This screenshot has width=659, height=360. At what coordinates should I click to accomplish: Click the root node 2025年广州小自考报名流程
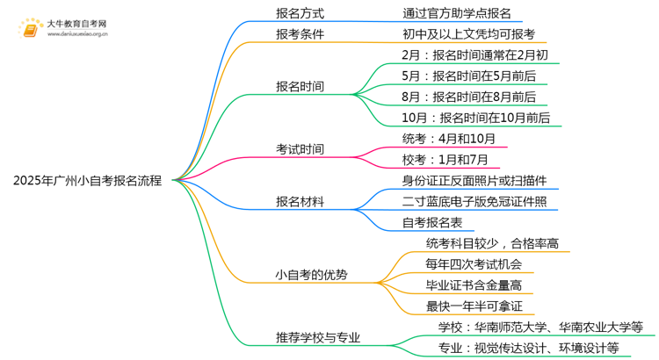[x=87, y=181]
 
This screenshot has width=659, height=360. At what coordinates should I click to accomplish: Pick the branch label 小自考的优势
[x=311, y=275]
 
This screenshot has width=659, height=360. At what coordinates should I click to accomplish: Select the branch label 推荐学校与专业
[x=318, y=337]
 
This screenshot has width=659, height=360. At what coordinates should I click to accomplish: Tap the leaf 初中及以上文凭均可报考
[x=467, y=35]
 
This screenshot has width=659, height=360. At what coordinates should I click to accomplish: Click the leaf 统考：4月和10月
[x=448, y=139]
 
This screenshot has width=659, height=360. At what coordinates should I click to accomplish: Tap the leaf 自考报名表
[x=432, y=223]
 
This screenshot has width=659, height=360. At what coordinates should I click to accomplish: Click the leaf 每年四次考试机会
[x=474, y=264]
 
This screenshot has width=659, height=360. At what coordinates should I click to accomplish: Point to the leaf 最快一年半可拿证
[x=474, y=306]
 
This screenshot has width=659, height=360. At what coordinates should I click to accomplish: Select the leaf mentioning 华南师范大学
[x=540, y=327]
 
